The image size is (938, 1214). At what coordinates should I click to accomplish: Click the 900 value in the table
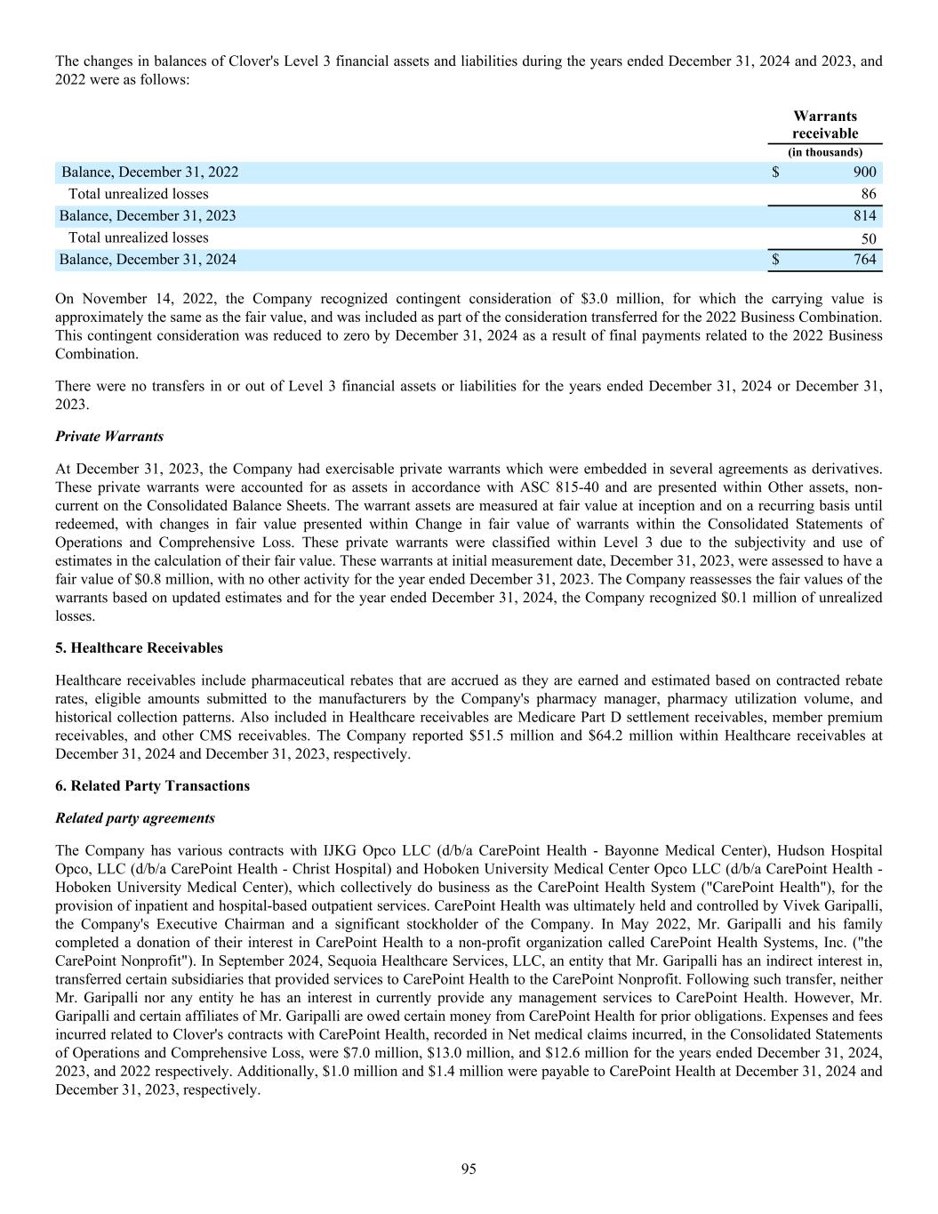[x=864, y=173]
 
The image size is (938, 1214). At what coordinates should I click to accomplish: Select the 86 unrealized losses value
[x=868, y=194]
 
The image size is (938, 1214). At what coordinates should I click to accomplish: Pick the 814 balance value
[x=864, y=215]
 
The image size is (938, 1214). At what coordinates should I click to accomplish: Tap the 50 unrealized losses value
[x=868, y=238]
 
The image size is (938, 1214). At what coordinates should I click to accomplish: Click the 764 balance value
[x=864, y=260]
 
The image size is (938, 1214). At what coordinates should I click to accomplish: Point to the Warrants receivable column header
[x=825, y=125]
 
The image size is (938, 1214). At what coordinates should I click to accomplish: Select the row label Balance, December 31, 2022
[x=149, y=173]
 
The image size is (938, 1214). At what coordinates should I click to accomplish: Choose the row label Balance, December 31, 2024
[x=148, y=260]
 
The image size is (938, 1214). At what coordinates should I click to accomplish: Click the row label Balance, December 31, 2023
[x=148, y=215]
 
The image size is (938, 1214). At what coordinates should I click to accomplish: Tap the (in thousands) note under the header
[x=825, y=152]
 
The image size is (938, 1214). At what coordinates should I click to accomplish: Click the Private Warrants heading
[x=109, y=437]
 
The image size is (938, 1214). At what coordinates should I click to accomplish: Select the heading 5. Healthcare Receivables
[x=139, y=647]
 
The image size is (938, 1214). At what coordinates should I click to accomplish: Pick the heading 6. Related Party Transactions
[x=152, y=786]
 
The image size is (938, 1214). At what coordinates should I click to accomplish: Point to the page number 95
[x=469, y=1169]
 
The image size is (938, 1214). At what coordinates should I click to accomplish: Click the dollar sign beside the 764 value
[x=775, y=260]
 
